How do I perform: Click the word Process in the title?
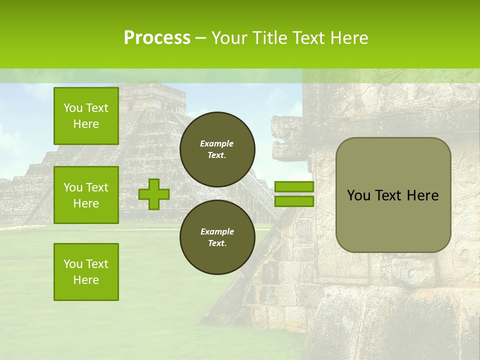click(x=157, y=38)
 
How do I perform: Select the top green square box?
click(x=86, y=116)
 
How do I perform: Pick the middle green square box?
click(x=86, y=195)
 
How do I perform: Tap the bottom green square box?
click(x=86, y=271)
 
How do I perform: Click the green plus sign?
click(x=154, y=194)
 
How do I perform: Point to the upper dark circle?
click(x=217, y=149)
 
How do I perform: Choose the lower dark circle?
click(x=217, y=237)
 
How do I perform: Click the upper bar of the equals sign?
click(x=294, y=187)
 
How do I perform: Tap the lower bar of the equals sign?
click(x=294, y=201)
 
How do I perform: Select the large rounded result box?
click(x=393, y=195)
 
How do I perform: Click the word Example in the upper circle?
click(x=217, y=143)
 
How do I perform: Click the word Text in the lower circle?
click(x=217, y=243)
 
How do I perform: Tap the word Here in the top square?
click(x=86, y=124)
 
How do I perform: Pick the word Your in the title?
click(x=229, y=38)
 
